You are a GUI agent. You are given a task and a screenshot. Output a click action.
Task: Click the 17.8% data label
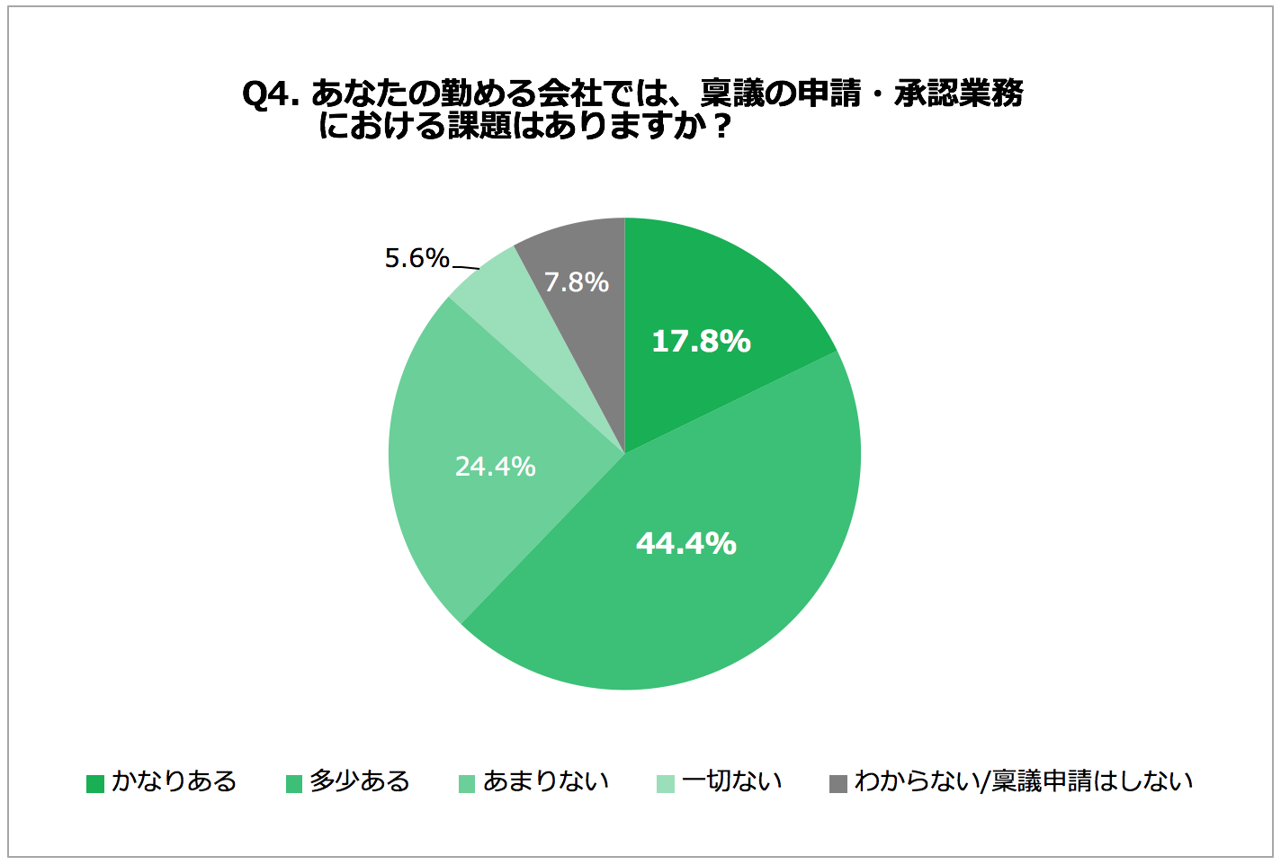tap(701, 342)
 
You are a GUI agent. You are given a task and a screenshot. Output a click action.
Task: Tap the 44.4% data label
tap(685, 544)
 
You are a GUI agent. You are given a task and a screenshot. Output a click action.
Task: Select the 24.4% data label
tap(495, 467)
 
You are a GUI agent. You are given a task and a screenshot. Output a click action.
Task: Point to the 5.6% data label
tap(417, 259)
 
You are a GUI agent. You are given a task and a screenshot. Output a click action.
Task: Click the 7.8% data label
tap(576, 282)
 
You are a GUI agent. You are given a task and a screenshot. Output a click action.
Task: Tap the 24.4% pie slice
tap(450, 504)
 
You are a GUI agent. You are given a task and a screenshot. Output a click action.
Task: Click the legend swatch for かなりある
tap(95, 783)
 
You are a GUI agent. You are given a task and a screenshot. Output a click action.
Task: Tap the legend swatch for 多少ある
tap(294, 783)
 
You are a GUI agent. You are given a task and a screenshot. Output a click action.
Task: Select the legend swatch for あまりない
tap(467, 783)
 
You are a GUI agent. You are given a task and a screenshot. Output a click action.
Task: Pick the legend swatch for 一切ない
tap(666, 783)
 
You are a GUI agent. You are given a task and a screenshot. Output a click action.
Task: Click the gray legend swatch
tap(838, 783)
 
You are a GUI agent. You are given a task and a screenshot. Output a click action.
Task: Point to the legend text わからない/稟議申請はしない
tap(1024, 781)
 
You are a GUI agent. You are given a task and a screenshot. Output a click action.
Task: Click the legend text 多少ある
tap(360, 781)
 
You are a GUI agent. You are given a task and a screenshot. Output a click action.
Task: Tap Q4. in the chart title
tap(271, 94)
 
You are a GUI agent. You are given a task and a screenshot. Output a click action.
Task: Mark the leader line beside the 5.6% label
tap(465, 268)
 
